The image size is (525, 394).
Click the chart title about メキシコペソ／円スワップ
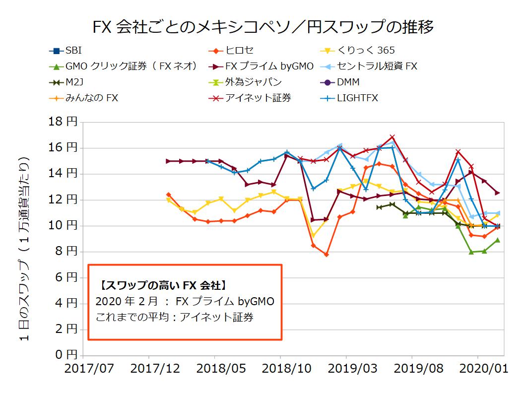[263, 26]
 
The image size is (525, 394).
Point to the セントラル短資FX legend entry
[377, 66]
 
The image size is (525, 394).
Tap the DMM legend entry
[348, 82]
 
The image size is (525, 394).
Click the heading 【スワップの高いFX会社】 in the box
[163, 286]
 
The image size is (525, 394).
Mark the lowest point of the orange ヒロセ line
[326, 255]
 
